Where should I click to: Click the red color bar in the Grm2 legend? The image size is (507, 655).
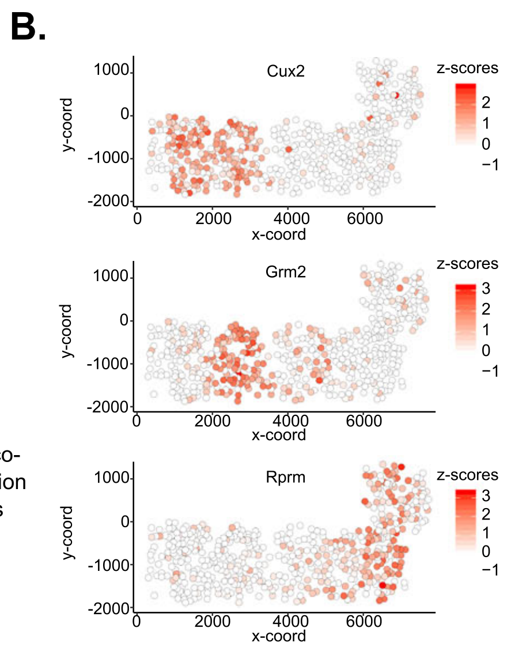[465, 317]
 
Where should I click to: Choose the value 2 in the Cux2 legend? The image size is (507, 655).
[485, 103]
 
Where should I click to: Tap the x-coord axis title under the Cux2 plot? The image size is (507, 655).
[279, 235]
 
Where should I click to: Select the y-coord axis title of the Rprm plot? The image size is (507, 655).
[69, 533]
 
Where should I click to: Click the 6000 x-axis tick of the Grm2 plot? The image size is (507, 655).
[364, 421]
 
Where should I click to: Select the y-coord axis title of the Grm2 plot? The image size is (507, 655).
[69, 331]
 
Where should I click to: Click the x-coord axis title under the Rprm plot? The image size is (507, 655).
[279, 636]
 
